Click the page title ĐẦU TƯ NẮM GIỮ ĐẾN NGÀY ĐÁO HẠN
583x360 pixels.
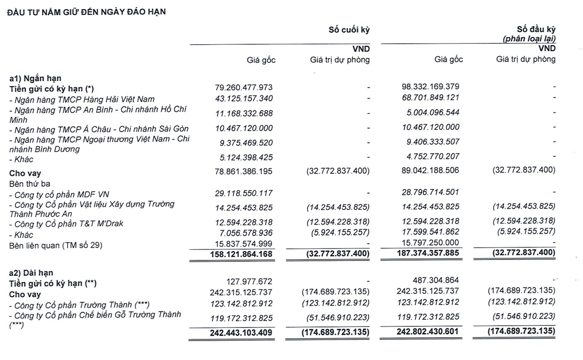[x=86, y=12]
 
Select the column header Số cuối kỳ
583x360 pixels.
[x=349, y=30]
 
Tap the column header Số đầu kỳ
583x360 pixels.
[x=536, y=30]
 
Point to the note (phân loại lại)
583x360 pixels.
[x=529, y=39]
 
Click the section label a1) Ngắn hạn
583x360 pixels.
[x=35, y=78]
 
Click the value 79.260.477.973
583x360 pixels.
[x=243, y=87]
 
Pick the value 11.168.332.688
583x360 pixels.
[x=243, y=113]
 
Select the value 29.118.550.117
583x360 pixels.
[x=243, y=193]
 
